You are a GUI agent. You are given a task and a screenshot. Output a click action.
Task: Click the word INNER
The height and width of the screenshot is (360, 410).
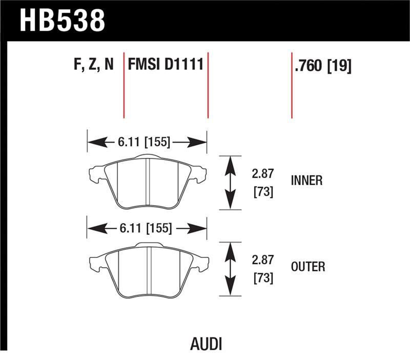click(306, 181)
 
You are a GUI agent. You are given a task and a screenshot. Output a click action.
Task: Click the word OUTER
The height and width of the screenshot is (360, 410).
click(307, 267)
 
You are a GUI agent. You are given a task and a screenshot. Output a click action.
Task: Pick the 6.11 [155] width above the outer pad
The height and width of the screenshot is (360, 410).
click(145, 228)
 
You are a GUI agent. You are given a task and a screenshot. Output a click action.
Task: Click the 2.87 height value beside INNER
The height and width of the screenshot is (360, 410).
click(262, 174)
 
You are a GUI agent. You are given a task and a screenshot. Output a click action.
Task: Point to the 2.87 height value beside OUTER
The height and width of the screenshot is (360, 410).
click(262, 260)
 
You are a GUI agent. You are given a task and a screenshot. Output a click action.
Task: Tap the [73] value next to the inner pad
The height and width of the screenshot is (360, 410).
click(262, 192)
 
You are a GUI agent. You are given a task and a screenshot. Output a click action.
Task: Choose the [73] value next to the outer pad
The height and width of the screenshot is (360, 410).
click(262, 278)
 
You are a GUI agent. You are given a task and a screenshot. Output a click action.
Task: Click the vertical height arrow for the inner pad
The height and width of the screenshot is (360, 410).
click(230, 182)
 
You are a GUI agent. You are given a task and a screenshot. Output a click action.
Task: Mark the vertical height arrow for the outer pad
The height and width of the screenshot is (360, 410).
click(230, 269)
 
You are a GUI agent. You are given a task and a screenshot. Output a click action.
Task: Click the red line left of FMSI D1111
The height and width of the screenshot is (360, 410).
click(124, 85)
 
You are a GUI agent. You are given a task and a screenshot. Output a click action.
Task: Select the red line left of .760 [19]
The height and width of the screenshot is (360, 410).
click(292, 85)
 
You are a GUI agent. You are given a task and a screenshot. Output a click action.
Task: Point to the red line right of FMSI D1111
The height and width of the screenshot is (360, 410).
click(208, 85)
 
